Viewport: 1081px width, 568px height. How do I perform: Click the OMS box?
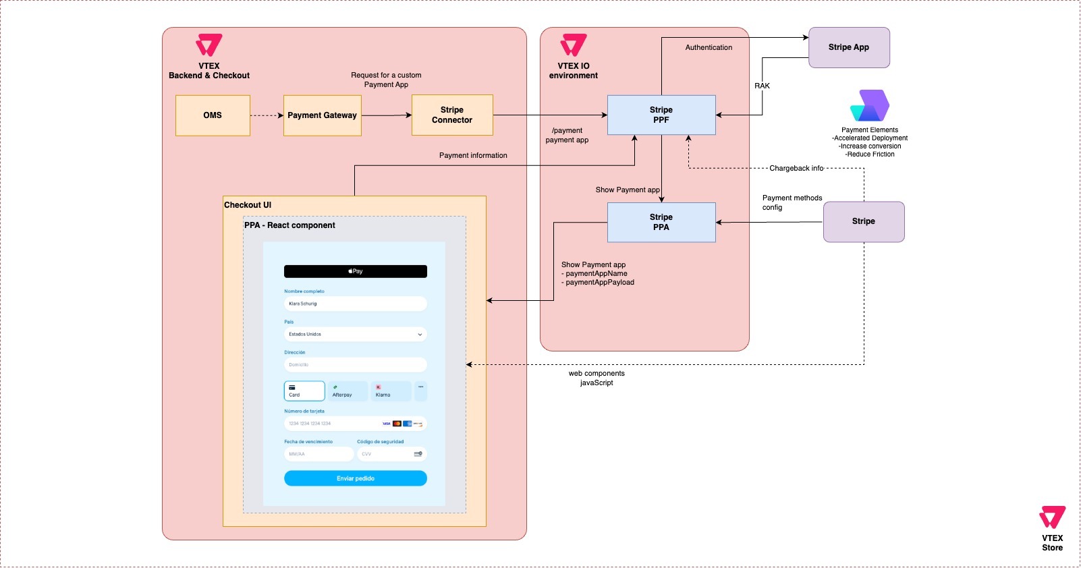[213, 115]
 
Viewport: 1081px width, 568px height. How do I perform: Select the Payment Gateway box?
[322, 115]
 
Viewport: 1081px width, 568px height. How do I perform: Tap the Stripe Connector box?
[452, 115]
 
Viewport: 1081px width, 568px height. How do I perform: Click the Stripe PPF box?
[661, 115]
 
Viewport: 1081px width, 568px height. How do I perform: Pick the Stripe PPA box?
[661, 223]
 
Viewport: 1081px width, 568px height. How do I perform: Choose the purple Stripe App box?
[849, 47]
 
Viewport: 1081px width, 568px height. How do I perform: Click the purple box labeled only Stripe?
[864, 221]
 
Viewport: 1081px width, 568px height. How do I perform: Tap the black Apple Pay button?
[356, 271]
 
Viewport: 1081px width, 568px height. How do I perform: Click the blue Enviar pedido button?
[356, 478]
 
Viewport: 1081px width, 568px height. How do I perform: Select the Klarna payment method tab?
[391, 391]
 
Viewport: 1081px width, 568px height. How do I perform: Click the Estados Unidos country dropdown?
[356, 334]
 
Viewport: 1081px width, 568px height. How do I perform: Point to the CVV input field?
[391, 454]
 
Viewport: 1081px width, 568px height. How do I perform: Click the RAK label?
[762, 86]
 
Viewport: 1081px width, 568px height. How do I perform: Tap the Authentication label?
[709, 47]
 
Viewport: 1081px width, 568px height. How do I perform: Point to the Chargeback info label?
[796, 168]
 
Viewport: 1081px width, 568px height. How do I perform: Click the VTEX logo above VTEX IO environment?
[574, 45]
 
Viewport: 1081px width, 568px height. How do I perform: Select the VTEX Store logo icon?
[1052, 517]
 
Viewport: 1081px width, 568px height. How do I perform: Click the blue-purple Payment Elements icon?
[870, 106]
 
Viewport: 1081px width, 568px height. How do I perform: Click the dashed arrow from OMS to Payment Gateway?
[267, 115]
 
